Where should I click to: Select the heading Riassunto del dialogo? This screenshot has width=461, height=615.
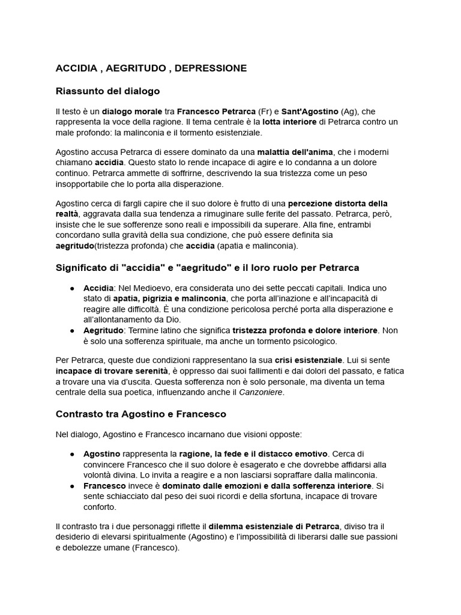107,91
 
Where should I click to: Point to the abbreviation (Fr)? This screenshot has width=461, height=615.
265,112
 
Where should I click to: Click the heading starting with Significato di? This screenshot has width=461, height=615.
207,267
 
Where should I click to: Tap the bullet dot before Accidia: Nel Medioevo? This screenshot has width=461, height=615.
71,288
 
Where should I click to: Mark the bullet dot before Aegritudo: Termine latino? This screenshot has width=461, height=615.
71,330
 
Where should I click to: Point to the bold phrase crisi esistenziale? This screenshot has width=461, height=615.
309,360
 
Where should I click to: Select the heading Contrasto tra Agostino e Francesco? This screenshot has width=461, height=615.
141,414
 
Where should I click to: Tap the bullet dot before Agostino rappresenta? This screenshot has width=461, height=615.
71,454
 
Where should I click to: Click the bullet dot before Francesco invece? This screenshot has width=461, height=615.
71,485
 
